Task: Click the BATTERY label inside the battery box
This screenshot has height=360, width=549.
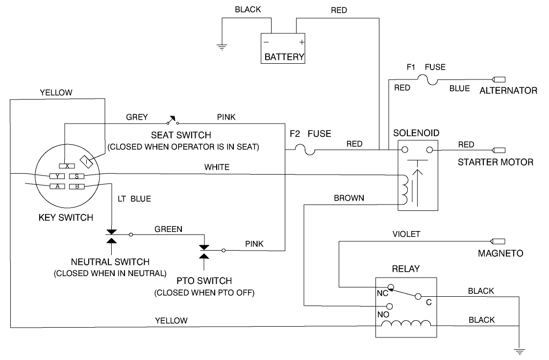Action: point(284,57)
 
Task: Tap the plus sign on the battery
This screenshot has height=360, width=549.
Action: point(301,42)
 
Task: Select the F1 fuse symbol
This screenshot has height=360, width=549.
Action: point(430,79)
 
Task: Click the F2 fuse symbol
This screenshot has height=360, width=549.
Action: point(304,149)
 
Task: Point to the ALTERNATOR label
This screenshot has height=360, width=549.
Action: point(508,91)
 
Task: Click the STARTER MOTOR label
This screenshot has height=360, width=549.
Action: point(495,162)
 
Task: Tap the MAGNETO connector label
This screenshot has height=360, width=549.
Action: point(500,254)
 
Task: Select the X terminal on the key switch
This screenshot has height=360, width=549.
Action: point(67,166)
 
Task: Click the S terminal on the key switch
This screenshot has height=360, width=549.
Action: point(77,176)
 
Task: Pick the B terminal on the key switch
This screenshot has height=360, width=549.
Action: point(77,186)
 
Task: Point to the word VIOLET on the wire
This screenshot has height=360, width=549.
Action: point(406,234)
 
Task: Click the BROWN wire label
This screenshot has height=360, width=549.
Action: point(349,198)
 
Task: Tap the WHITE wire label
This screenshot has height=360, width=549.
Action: point(217,167)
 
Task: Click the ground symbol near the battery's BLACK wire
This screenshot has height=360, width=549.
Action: point(222,48)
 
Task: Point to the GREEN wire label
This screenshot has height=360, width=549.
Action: point(168,229)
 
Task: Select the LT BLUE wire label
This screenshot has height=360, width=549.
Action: point(134,199)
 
